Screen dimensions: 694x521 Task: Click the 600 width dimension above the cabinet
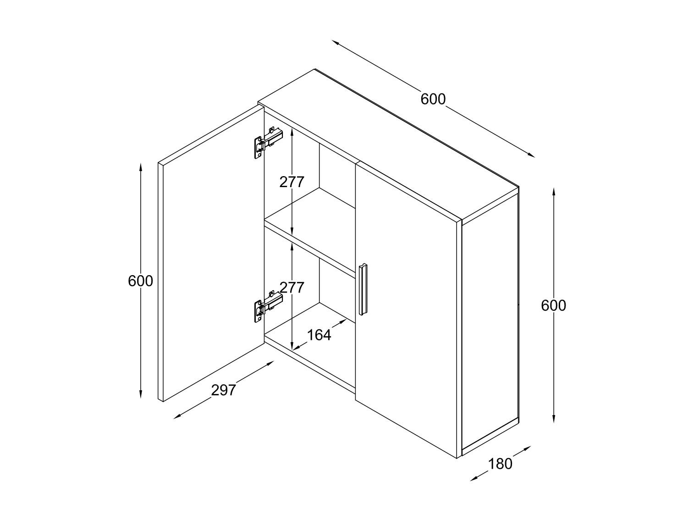[433, 99]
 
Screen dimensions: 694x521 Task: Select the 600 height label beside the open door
[140, 281]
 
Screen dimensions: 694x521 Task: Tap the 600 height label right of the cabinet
[553, 305]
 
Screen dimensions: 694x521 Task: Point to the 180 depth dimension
[500, 464]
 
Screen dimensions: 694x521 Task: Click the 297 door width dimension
[224, 390]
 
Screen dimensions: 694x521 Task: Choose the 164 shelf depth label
[319, 335]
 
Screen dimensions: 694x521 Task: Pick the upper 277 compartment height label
[292, 182]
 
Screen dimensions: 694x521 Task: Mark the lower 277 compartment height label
[292, 288]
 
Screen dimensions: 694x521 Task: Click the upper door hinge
[269, 142]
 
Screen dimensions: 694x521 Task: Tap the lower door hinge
[269, 306]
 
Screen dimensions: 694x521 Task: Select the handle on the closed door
[364, 289]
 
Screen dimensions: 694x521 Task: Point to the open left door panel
[211, 254]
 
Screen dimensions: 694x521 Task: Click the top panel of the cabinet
[388, 144]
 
